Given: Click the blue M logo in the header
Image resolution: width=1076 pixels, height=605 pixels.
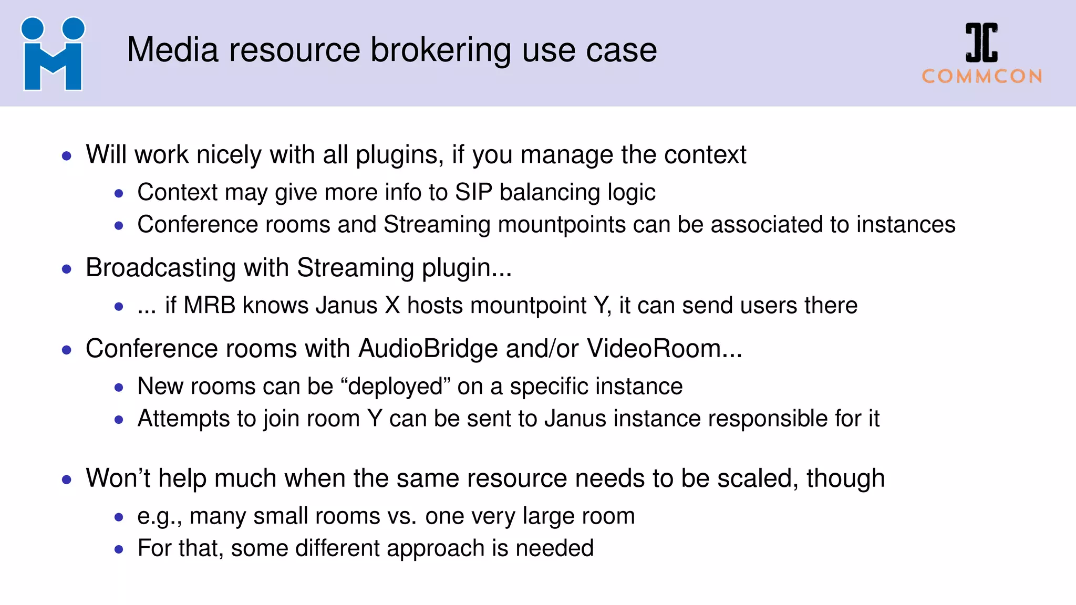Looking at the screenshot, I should [53, 54].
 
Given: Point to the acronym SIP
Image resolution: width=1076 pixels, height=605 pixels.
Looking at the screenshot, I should [473, 193].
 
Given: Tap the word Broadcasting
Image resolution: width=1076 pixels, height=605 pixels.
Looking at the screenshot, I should [161, 268].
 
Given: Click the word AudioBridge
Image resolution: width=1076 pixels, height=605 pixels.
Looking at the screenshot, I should [428, 349].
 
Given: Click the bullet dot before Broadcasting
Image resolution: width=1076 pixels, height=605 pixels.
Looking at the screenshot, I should [67, 269].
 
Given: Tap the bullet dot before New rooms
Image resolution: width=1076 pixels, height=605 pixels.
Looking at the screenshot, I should [119, 388].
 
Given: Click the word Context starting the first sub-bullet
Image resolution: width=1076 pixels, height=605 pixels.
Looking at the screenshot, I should [177, 193].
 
